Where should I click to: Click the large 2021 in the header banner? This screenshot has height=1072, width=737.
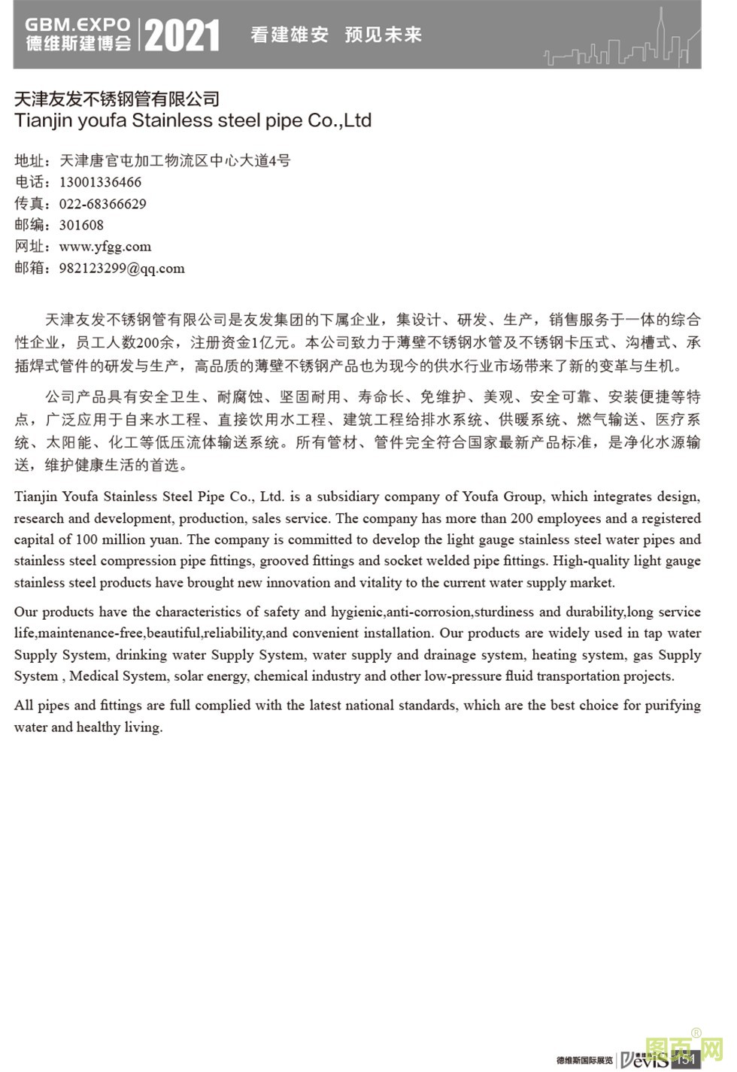point(182,35)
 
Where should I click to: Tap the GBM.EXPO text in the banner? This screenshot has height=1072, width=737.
point(78,25)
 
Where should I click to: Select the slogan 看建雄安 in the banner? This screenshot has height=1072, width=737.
point(290,35)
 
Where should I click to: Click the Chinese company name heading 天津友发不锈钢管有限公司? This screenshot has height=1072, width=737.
point(117,99)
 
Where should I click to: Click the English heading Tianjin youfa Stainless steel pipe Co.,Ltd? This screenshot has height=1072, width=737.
point(193,120)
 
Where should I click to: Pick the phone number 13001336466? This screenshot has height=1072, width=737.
point(100,182)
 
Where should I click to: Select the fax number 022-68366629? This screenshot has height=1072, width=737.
point(103,204)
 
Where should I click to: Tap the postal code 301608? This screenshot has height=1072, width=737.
point(81,225)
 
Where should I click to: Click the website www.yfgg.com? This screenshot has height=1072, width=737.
point(105,246)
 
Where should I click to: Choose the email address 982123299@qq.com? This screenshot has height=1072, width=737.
point(122,268)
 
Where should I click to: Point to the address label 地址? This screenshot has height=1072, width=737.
point(30,160)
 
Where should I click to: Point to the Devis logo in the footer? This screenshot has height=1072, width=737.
point(643,1059)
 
